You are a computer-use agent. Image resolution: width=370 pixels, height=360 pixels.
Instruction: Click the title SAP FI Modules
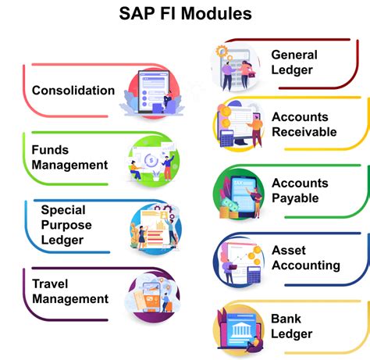[x=185, y=14]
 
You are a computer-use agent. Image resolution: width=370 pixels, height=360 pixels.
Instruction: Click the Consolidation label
[x=73, y=91]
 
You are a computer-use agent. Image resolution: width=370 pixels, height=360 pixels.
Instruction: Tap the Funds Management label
[x=69, y=157]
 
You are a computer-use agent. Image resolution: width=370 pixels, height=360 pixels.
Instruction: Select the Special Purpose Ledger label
[x=66, y=225]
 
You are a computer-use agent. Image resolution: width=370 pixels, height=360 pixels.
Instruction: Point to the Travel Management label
[x=69, y=290]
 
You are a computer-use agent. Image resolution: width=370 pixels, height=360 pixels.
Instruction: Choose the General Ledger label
[x=294, y=62]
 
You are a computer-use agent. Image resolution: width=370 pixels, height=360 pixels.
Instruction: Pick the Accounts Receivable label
[x=304, y=124]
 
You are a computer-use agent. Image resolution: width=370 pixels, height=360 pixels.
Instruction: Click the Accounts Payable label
[x=300, y=191]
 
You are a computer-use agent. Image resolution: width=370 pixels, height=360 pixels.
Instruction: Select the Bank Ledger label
[x=291, y=326]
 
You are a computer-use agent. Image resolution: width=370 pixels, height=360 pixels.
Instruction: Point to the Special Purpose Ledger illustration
[x=152, y=226]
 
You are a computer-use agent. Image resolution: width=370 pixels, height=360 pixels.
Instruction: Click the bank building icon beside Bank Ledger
[x=240, y=329]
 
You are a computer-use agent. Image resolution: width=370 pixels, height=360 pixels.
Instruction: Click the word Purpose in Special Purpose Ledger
[x=66, y=225]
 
